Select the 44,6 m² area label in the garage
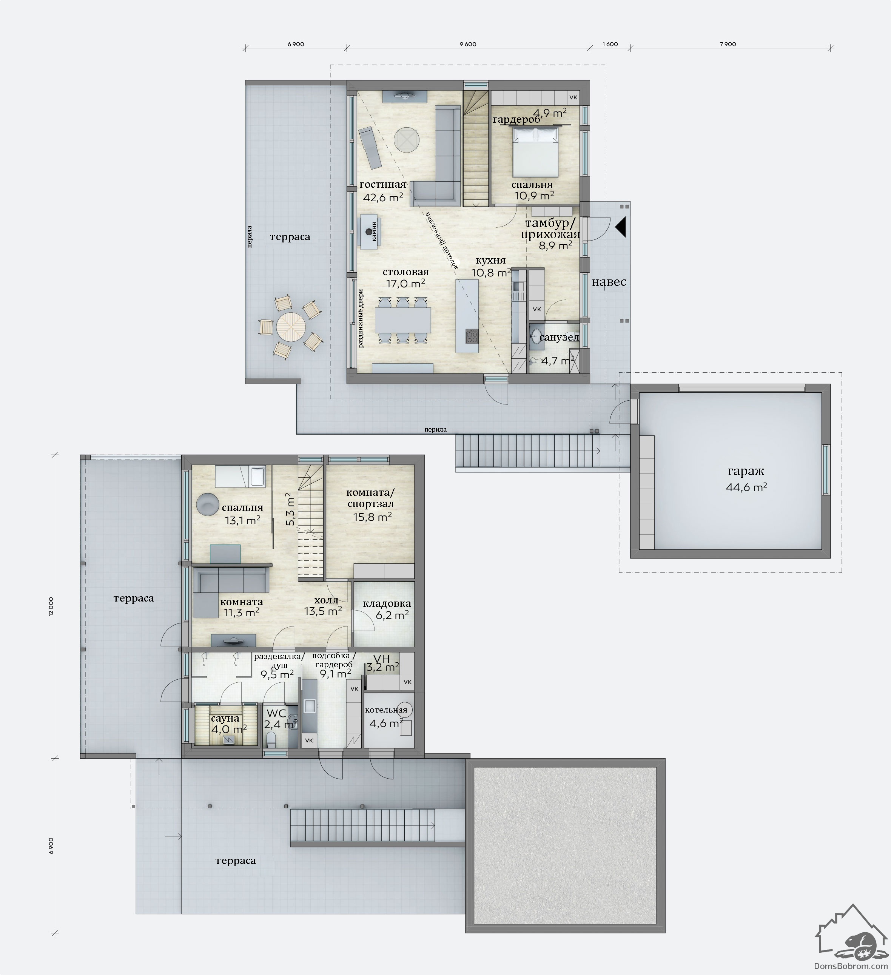(746, 487)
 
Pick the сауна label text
(225, 719)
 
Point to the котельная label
(386, 710)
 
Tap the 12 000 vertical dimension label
(51, 606)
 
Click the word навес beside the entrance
(609, 282)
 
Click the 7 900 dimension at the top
(728, 45)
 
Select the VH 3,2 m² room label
(382, 663)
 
